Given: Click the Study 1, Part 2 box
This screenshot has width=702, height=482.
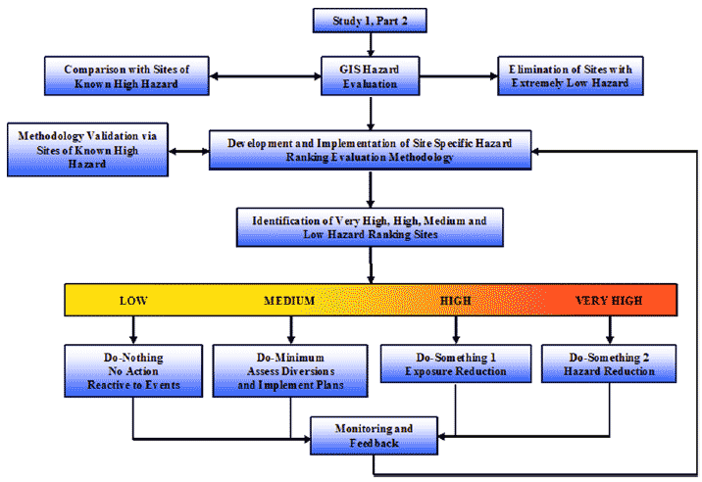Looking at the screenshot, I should click(x=370, y=19).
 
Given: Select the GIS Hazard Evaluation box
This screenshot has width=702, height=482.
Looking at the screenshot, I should click(x=369, y=75).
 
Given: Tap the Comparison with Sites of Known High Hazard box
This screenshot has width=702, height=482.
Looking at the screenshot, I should click(x=118, y=75).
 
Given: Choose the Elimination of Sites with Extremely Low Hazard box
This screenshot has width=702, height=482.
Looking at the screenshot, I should click(x=570, y=75).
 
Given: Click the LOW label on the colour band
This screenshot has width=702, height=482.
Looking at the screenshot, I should click(x=134, y=301).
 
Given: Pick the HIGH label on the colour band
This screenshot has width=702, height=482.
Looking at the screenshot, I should click(x=456, y=301).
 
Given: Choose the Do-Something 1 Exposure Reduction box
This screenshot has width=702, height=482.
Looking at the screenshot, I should click(x=455, y=363).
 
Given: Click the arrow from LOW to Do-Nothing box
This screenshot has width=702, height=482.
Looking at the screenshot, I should click(x=134, y=328).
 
